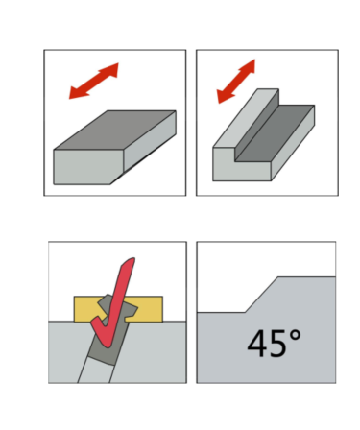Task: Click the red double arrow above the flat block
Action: coord(94,81)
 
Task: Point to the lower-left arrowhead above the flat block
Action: coord(78,92)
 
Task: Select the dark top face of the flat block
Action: coord(115,130)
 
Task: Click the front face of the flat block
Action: coord(88,167)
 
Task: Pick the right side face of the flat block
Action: coord(150,141)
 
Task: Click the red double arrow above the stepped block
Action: coord(236,82)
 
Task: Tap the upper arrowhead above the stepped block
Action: coord(248,67)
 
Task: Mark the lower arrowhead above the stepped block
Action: coord(225,96)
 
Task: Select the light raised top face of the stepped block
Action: coord(246,118)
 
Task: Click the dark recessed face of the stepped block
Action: coord(275,132)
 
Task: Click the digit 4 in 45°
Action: coord(257,344)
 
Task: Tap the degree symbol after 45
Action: coord(295,336)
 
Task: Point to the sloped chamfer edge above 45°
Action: coord(261,295)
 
